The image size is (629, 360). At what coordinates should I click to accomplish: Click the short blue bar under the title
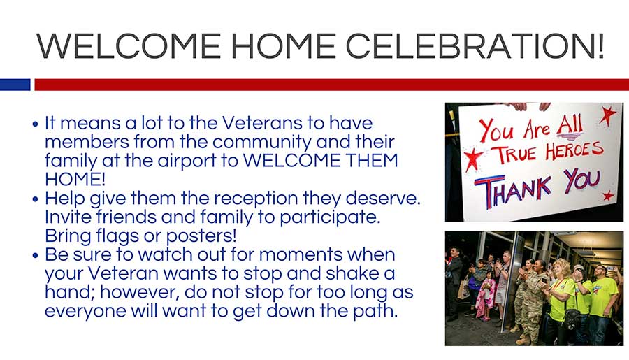[15, 85]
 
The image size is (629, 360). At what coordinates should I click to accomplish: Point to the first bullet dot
[36, 124]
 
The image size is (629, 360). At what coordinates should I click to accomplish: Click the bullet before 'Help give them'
[36, 199]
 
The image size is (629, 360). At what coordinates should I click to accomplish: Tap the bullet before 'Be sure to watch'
[36, 256]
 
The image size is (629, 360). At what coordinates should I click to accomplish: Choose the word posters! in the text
[201, 236]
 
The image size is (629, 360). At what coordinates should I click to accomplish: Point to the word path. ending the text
[375, 311]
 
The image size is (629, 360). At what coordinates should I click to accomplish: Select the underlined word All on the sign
[570, 126]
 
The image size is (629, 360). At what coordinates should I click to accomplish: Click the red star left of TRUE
[473, 159]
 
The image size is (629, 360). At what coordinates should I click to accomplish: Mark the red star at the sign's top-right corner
[607, 115]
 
